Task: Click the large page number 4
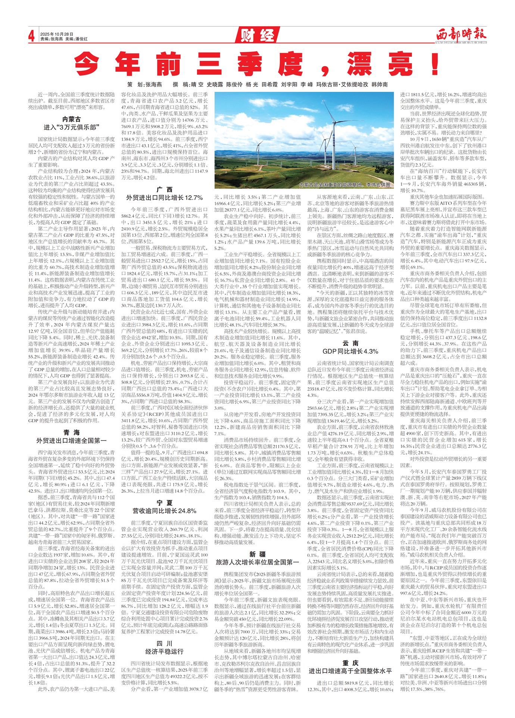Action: coord(32,36)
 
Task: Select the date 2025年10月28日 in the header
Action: coord(57,34)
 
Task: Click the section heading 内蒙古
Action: coord(72,119)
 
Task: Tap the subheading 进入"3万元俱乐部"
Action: coord(72,128)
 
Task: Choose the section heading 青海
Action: coord(72,432)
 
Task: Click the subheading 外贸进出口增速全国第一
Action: coord(72,441)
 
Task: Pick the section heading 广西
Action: coord(165,190)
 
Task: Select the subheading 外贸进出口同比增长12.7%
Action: coord(165,198)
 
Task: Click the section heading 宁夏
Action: coord(165,503)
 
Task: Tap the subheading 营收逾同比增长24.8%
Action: coord(165,511)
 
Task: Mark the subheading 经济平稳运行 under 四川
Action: coord(165,652)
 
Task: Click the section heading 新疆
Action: coord(257,554)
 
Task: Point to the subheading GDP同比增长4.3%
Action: coord(350,351)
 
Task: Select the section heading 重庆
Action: coord(350,663)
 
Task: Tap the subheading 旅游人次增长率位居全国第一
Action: coord(257,562)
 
